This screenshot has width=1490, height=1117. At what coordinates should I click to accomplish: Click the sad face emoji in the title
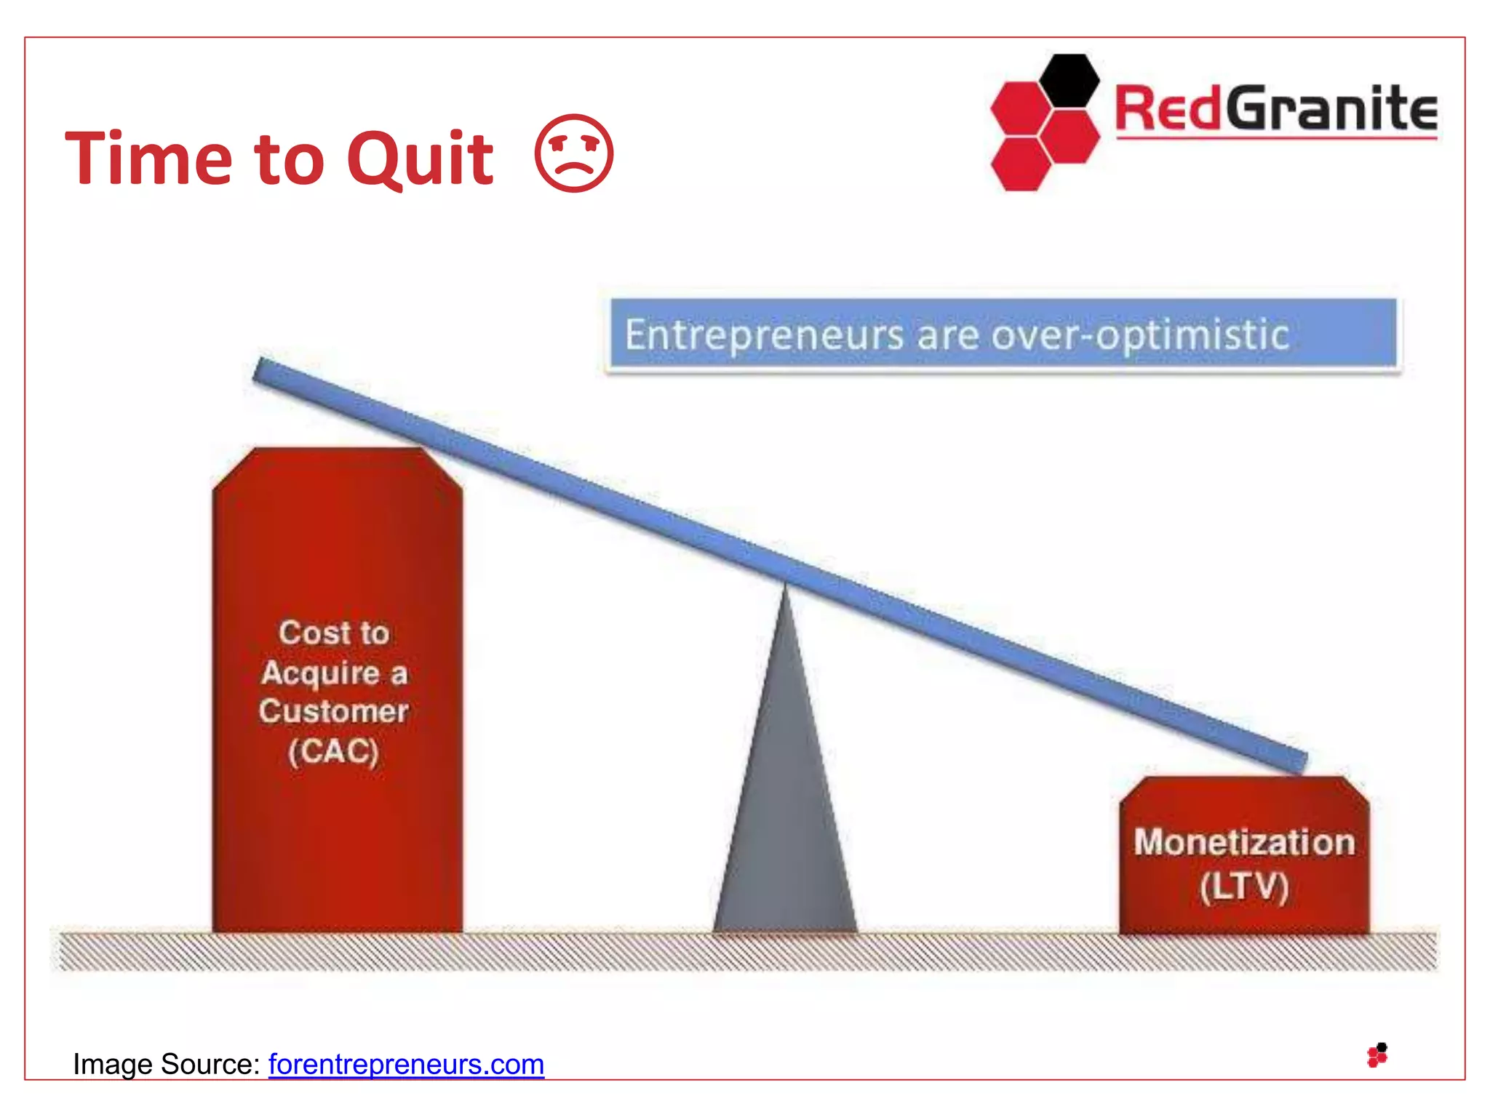[x=574, y=153]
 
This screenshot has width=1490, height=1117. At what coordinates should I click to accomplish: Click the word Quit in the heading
[x=421, y=159]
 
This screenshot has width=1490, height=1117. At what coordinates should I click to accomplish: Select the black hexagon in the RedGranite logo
[x=1069, y=81]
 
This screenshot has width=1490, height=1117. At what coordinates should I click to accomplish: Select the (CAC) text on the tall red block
[x=334, y=751]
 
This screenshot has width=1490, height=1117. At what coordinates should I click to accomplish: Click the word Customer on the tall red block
[x=334, y=711]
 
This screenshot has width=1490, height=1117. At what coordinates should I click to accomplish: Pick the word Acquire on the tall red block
[x=320, y=673]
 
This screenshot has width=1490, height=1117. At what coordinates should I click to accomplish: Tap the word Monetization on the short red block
[x=1244, y=843]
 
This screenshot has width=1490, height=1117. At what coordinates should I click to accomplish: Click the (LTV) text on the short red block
[x=1244, y=887]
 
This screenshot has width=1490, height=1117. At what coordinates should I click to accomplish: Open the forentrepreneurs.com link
[x=406, y=1064]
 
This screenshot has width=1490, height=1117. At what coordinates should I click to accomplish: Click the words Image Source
[x=166, y=1064]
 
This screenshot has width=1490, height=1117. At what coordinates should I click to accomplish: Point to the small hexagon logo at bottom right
[x=1377, y=1055]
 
